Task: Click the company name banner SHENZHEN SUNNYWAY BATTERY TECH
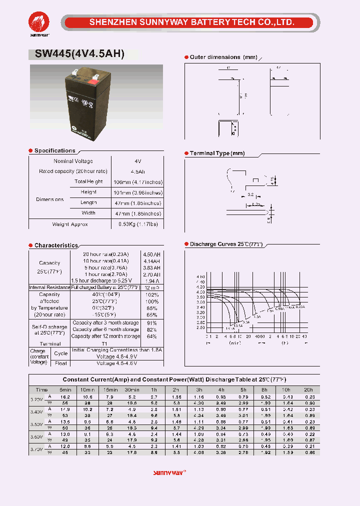pos(191,22)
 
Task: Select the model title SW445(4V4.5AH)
pos(79,54)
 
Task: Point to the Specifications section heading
pos(54,150)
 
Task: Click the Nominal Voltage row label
pos(73,161)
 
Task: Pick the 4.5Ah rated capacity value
pos(138,171)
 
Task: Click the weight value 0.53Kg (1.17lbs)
pos(138,224)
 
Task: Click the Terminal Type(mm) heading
pos(217,153)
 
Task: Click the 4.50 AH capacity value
pos(152,254)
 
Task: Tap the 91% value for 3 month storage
pos(152,323)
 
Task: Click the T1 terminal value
pos(105,344)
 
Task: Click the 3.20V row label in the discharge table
pos(36,399)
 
